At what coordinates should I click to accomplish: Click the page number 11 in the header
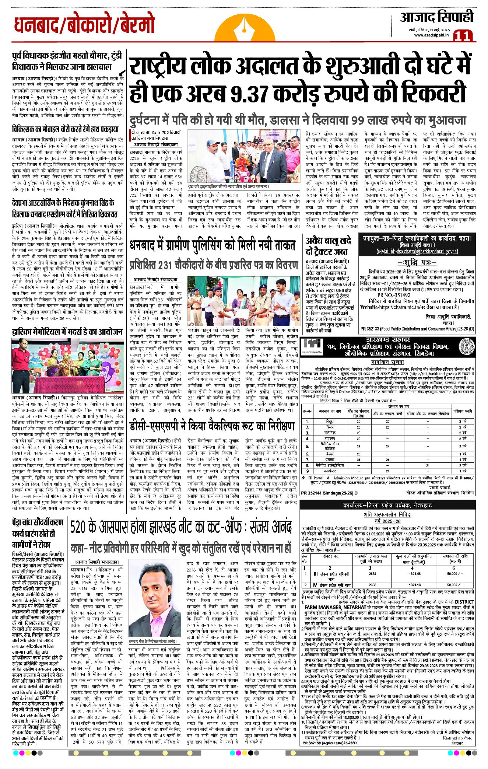pyautogui.click(x=463, y=36)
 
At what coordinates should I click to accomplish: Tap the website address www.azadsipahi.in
pyautogui.click(x=431, y=35)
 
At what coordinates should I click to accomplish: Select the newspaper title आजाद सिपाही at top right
pyautogui.click(x=436, y=17)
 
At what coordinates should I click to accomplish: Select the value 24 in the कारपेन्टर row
pyautogui.click(x=387, y=471)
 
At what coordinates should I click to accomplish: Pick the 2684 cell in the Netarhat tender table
pyautogui.click(x=372, y=573)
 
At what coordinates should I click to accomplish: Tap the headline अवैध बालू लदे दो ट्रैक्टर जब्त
pyautogui.click(x=328, y=246)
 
